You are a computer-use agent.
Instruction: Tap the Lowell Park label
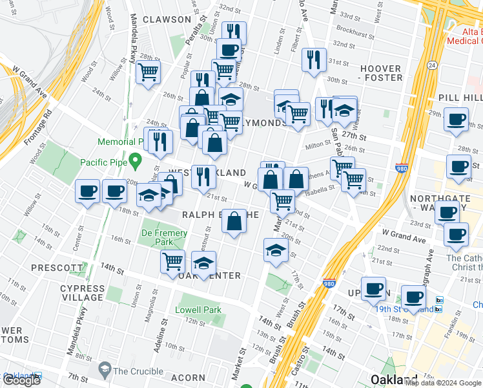click(198, 310)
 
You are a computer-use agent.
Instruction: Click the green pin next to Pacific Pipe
click(134, 160)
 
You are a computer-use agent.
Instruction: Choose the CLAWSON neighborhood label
click(167, 19)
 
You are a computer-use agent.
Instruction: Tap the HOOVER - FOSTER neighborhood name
click(381, 73)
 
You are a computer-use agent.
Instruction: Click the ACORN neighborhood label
click(189, 378)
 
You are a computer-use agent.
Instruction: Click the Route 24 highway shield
click(432, 65)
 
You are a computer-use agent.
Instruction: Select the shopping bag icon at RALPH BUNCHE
click(234, 221)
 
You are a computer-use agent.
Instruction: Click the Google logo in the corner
click(21, 380)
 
